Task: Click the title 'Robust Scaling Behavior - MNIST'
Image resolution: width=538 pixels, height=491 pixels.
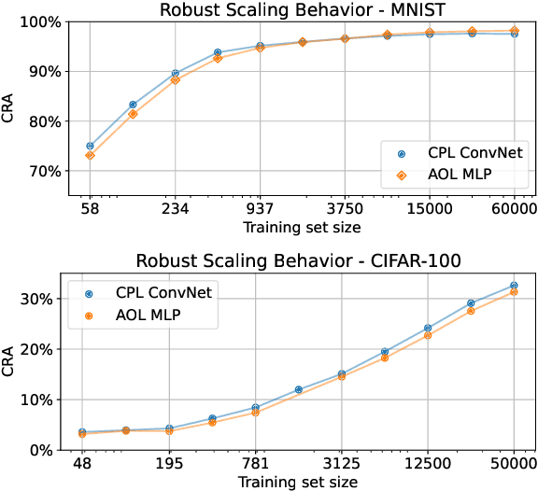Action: pos(302,10)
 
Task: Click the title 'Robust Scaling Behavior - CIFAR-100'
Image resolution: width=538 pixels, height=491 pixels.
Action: pos(302,260)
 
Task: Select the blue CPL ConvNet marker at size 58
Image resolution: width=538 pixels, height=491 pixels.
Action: pos(90,147)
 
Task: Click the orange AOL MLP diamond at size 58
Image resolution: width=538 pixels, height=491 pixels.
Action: pos(90,155)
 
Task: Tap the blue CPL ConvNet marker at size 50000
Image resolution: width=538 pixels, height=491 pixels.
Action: pos(515,286)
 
